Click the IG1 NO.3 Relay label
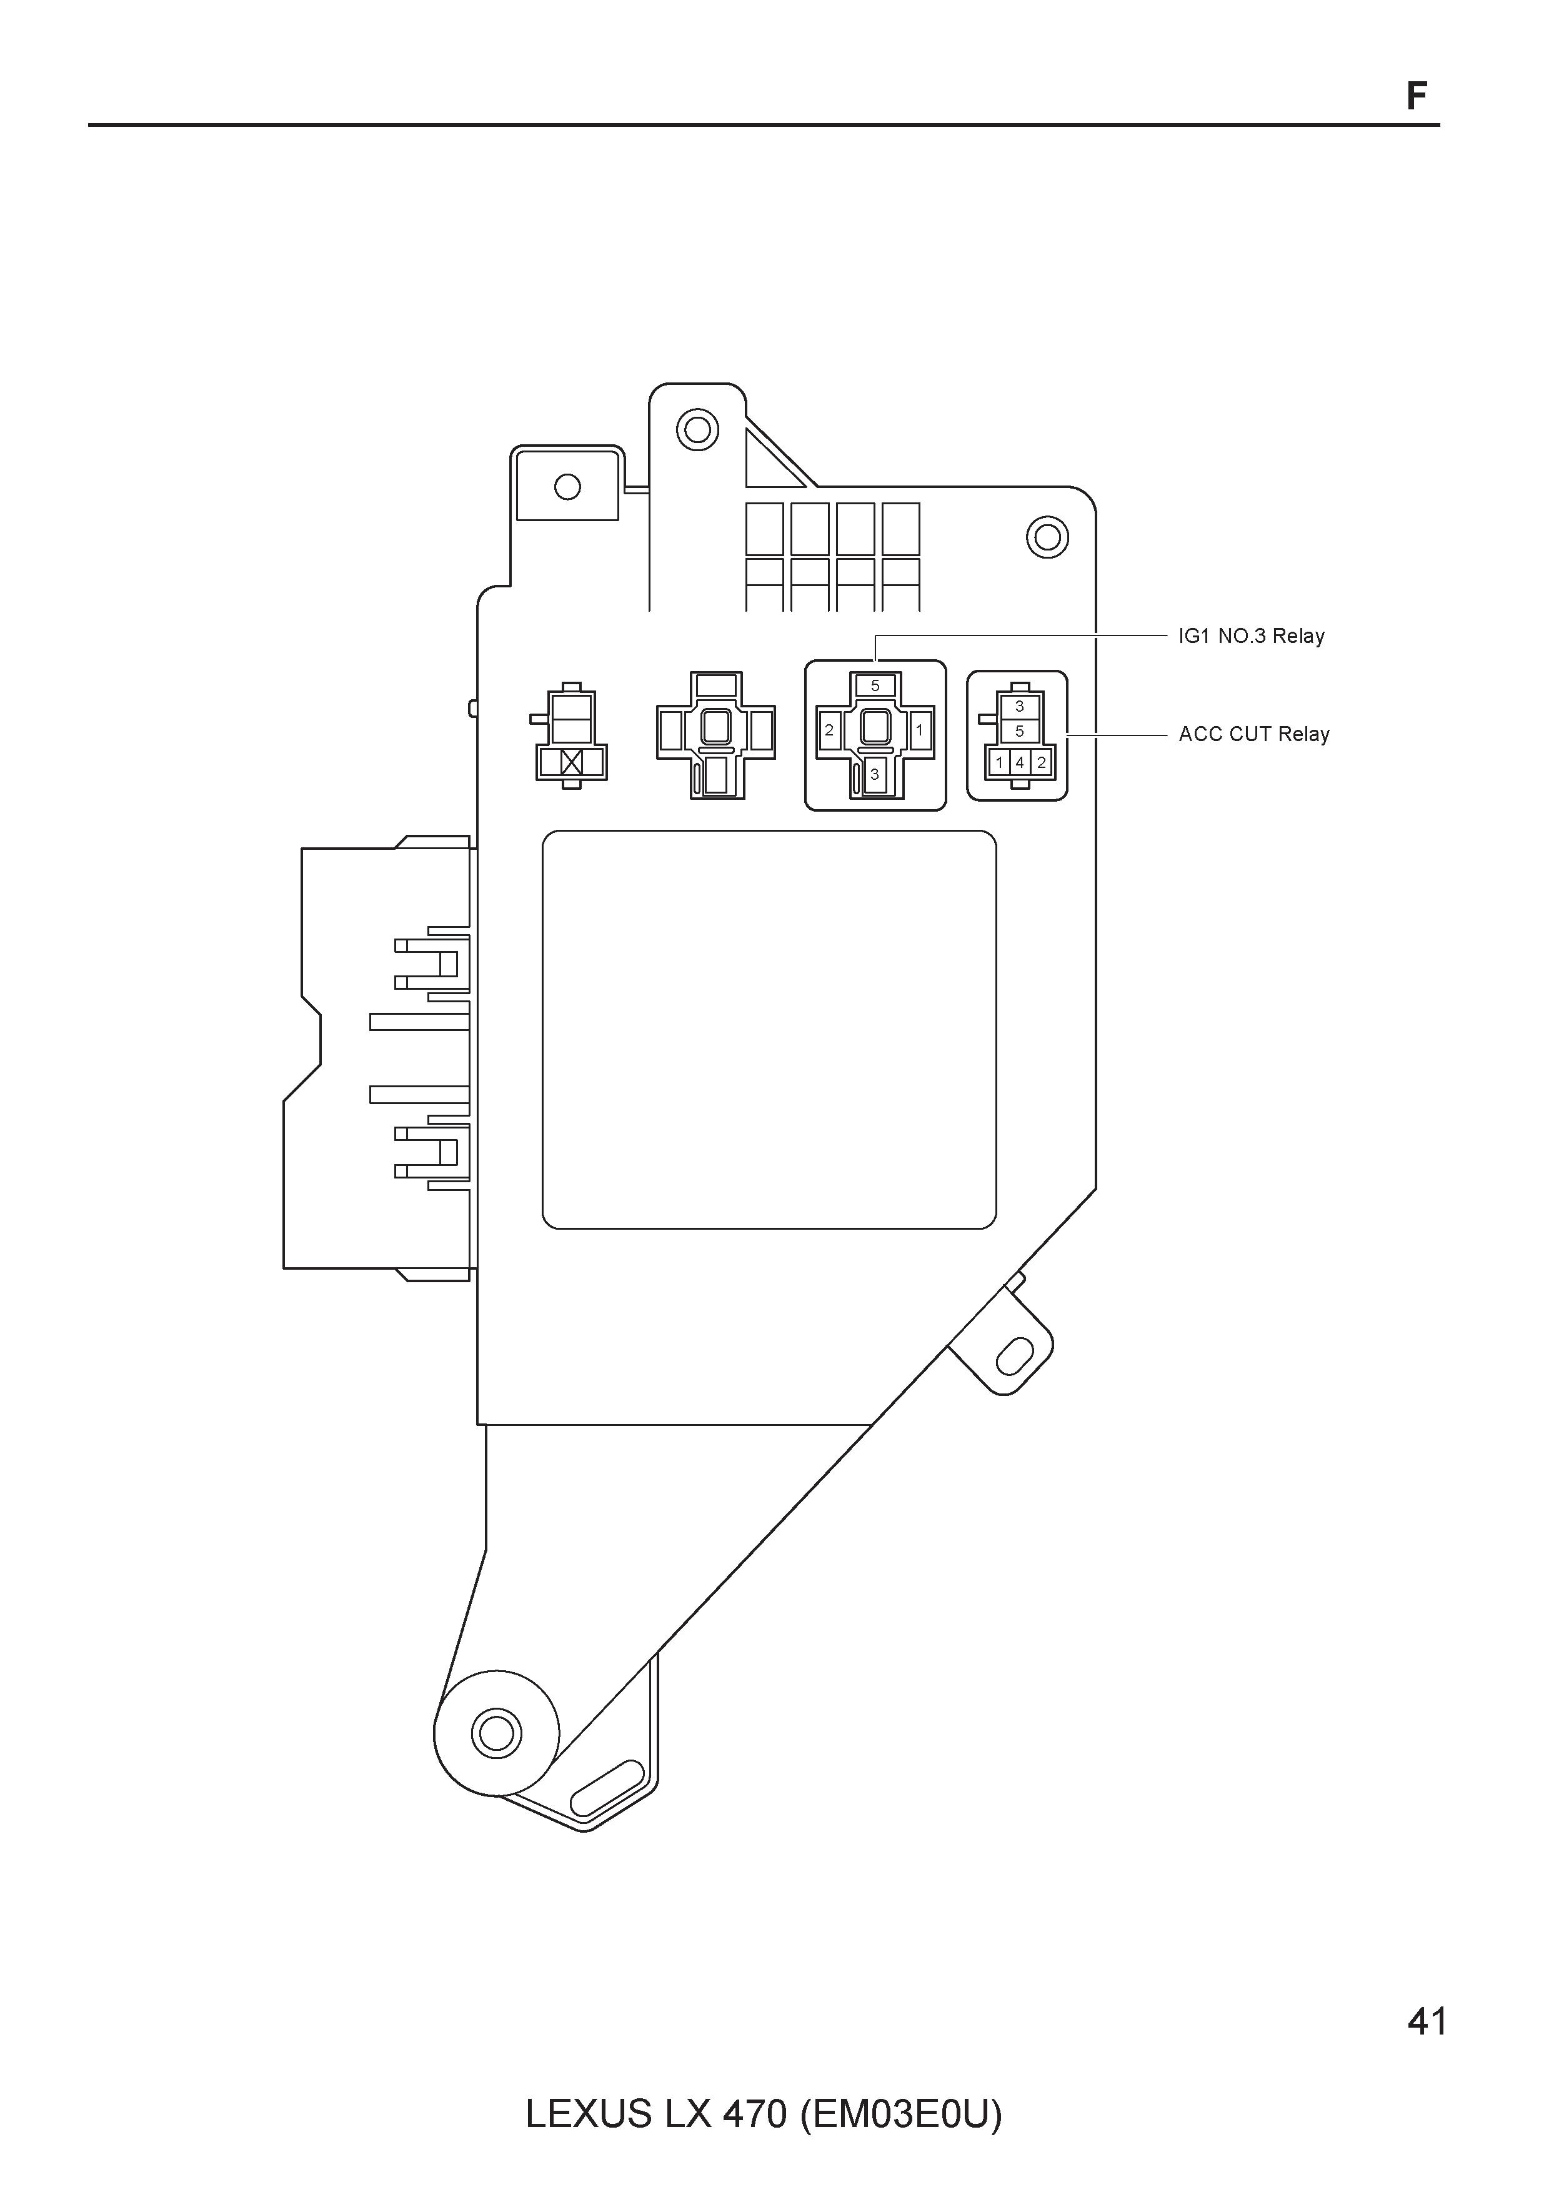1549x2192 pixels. pos(1250,636)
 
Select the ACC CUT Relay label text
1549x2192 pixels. pos(1253,734)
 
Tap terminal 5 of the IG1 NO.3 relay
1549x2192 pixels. pos(875,685)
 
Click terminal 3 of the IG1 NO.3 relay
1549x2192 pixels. pos(874,774)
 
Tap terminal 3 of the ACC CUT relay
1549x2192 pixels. pos(1019,707)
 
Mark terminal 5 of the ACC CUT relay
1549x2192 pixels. pos(1019,731)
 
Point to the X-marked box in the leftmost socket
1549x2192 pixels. pos(572,762)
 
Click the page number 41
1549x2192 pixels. pos(1427,2021)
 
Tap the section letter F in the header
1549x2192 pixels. pos(1417,96)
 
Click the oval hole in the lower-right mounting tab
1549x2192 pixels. pos(1014,1356)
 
